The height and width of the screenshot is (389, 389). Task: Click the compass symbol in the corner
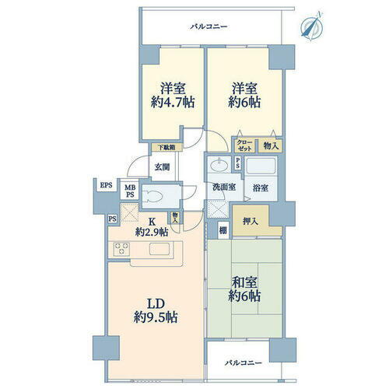[314, 24]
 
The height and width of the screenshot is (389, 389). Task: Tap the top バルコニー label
[209, 27]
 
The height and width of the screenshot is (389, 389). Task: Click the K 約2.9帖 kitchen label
[152, 226]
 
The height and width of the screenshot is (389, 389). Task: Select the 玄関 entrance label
[161, 166]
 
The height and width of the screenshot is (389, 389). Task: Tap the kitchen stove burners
[122, 249]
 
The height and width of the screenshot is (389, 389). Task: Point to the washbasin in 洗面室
[220, 165]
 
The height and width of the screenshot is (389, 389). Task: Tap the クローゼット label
[244, 145]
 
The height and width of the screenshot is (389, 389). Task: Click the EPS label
[105, 185]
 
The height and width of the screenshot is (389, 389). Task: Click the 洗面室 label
[224, 187]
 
